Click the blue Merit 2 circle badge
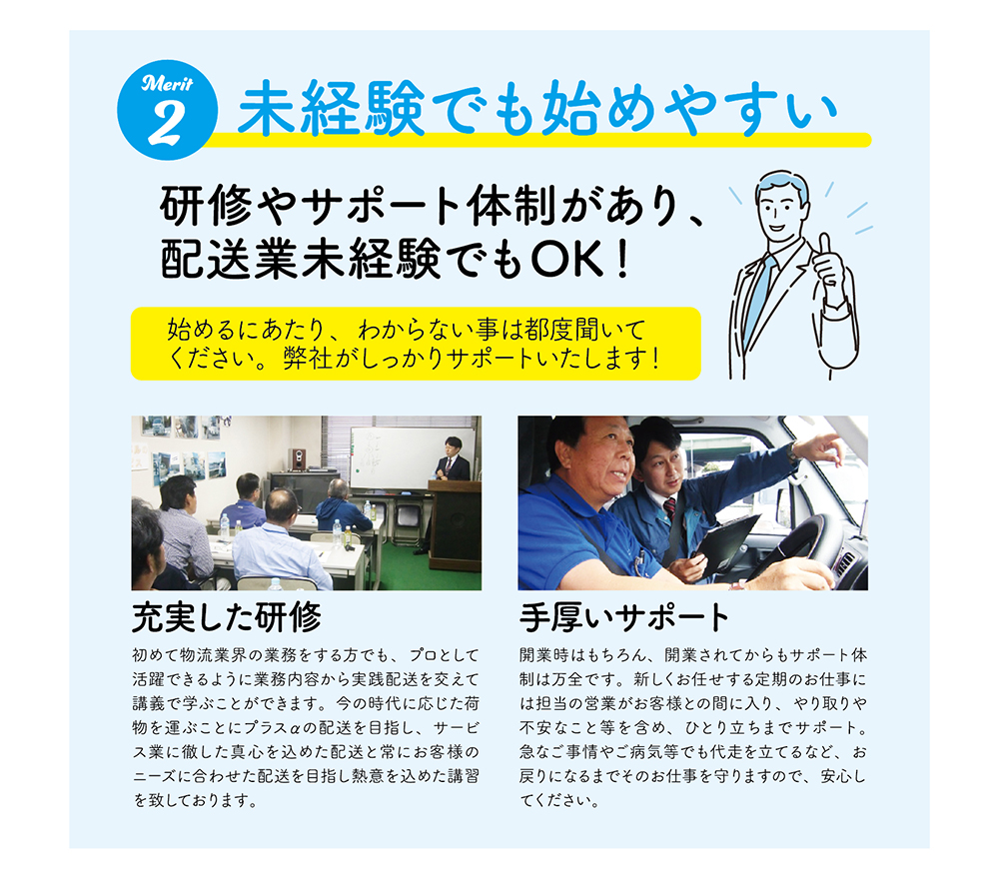point(167,110)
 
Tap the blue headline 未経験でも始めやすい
point(536,108)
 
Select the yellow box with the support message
point(416,344)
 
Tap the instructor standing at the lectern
point(452,459)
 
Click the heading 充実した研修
point(226,617)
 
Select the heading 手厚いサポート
point(623,617)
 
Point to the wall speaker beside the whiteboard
point(297,458)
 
